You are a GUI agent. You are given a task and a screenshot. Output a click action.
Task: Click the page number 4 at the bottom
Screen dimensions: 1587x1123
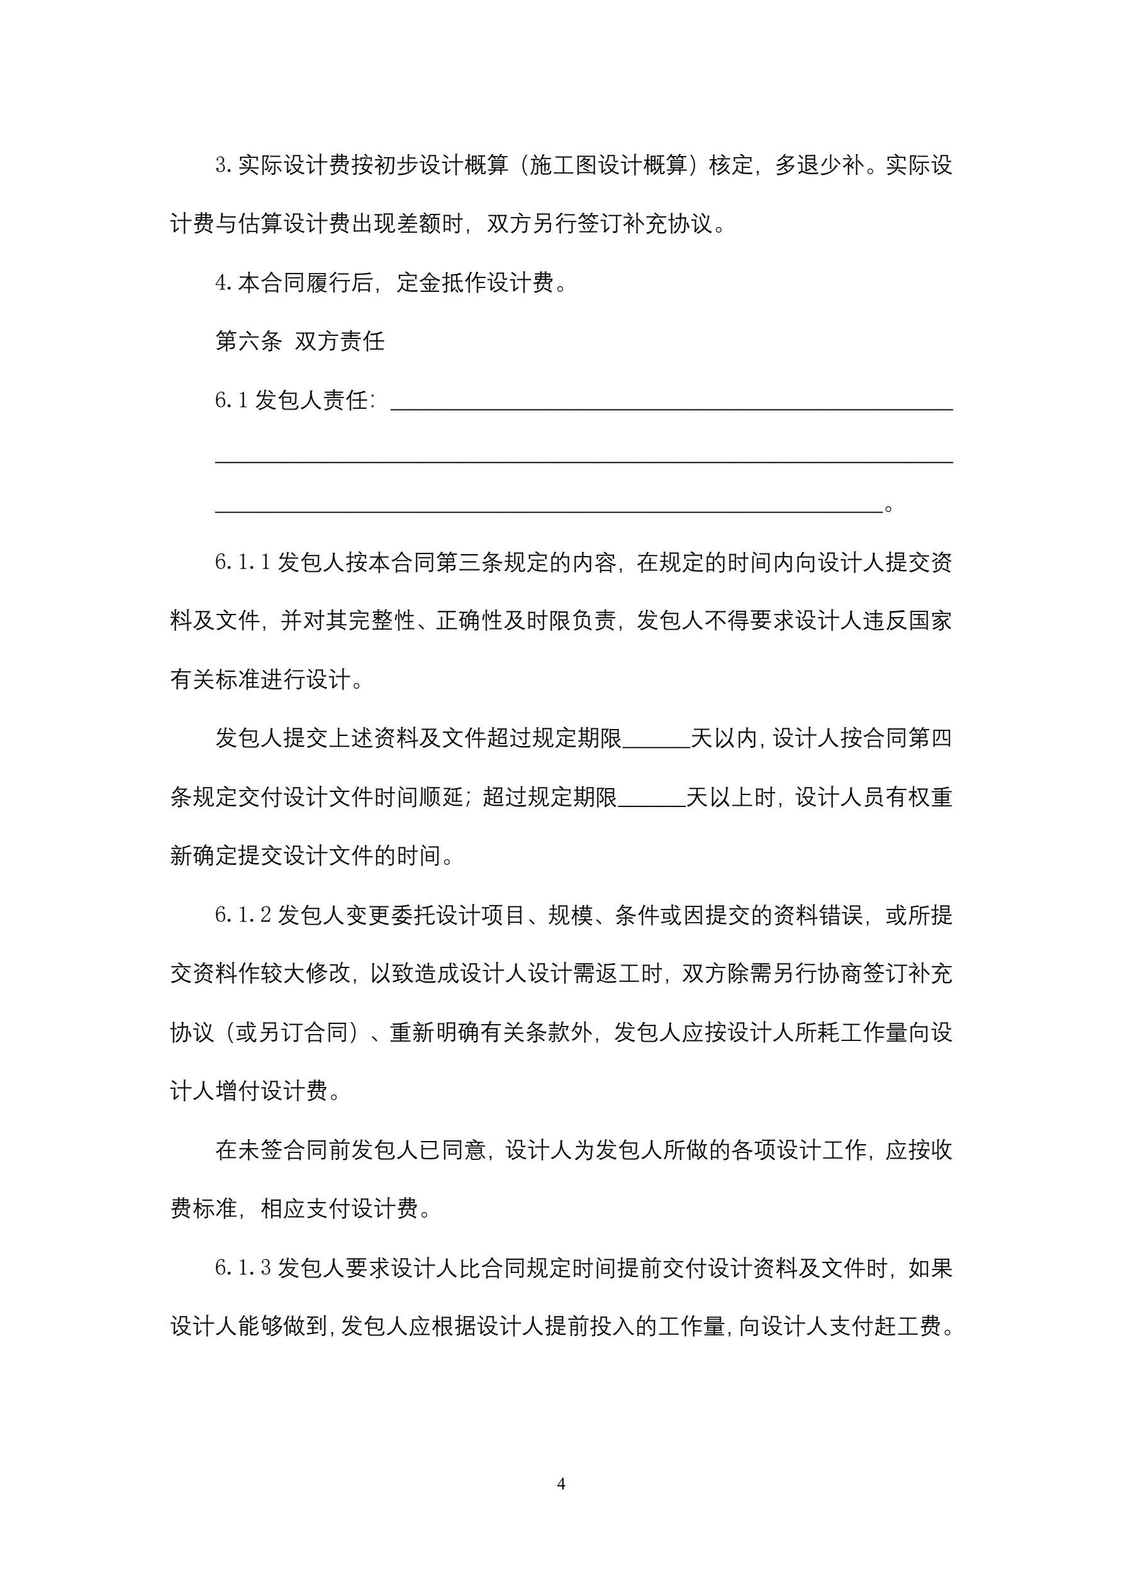[561, 1484]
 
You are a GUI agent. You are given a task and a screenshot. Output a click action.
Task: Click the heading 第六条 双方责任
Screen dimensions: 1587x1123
[299, 341]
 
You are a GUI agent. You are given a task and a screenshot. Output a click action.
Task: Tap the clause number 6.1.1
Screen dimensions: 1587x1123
[243, 562]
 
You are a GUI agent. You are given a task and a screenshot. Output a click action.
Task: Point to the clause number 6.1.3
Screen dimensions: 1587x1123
[243, 1268]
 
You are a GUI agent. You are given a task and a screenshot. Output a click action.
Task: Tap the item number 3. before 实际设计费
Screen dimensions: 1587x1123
[223, 165]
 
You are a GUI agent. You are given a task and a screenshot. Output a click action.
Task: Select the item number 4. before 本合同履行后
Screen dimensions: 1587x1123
[223, 282]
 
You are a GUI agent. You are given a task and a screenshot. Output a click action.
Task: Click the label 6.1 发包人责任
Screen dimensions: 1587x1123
[295, 400]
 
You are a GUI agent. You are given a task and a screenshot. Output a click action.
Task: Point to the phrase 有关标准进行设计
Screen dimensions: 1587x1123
[260, 680]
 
